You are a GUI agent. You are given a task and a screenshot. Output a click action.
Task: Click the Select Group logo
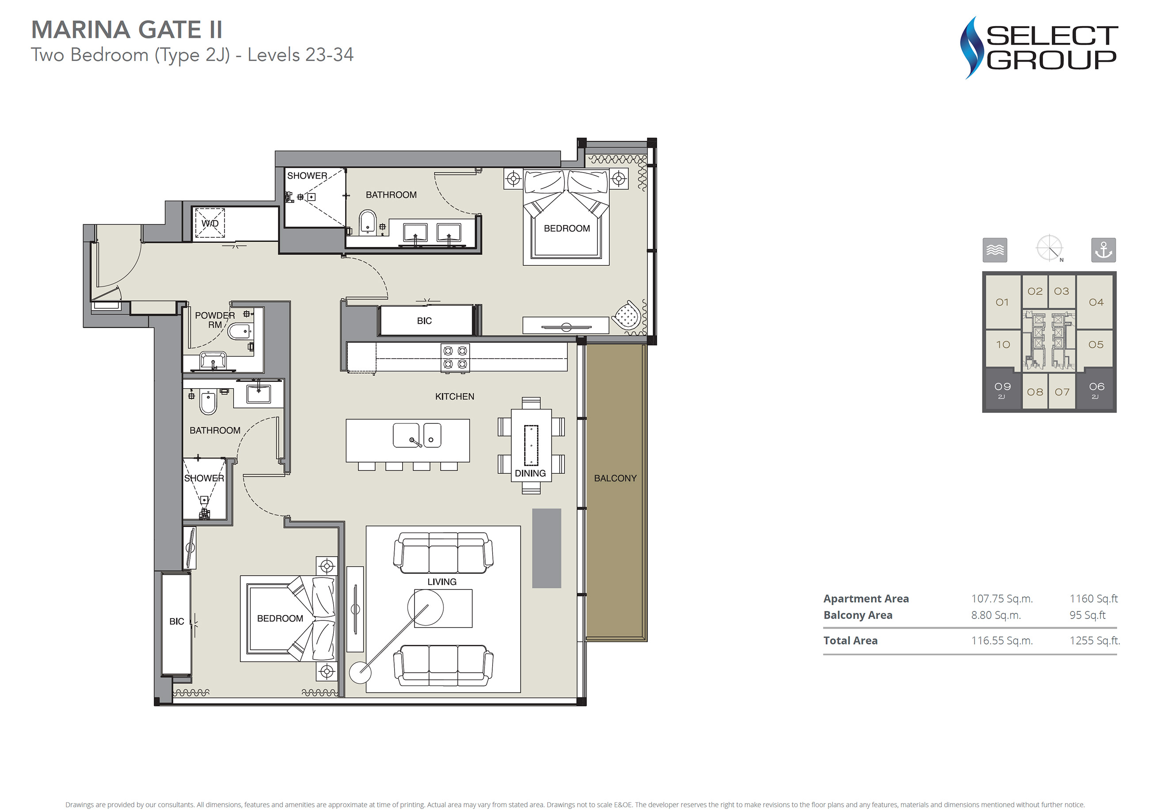(1039, 48)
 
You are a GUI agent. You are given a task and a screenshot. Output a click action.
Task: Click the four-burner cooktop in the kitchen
(455, 358)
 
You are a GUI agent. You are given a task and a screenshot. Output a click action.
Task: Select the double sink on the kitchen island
(417, 435)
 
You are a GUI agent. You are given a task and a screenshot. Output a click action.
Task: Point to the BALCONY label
(615, 478)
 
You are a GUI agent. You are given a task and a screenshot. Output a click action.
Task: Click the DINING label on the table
(530, 473)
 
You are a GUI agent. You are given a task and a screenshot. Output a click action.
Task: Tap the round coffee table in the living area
(426, 607)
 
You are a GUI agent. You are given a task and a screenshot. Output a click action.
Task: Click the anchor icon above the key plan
(1103, 250)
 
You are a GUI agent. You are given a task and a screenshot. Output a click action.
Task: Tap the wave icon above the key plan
(995, 250)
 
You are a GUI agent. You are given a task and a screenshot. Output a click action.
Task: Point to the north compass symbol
(1050, 249)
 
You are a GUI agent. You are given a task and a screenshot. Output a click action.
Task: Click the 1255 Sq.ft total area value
(1095, 641)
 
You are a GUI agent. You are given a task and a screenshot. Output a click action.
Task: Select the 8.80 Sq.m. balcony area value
(996, 615)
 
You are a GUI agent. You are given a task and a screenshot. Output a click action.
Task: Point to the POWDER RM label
(215, 320)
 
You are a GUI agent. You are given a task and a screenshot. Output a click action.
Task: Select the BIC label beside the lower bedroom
(177, 622)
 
